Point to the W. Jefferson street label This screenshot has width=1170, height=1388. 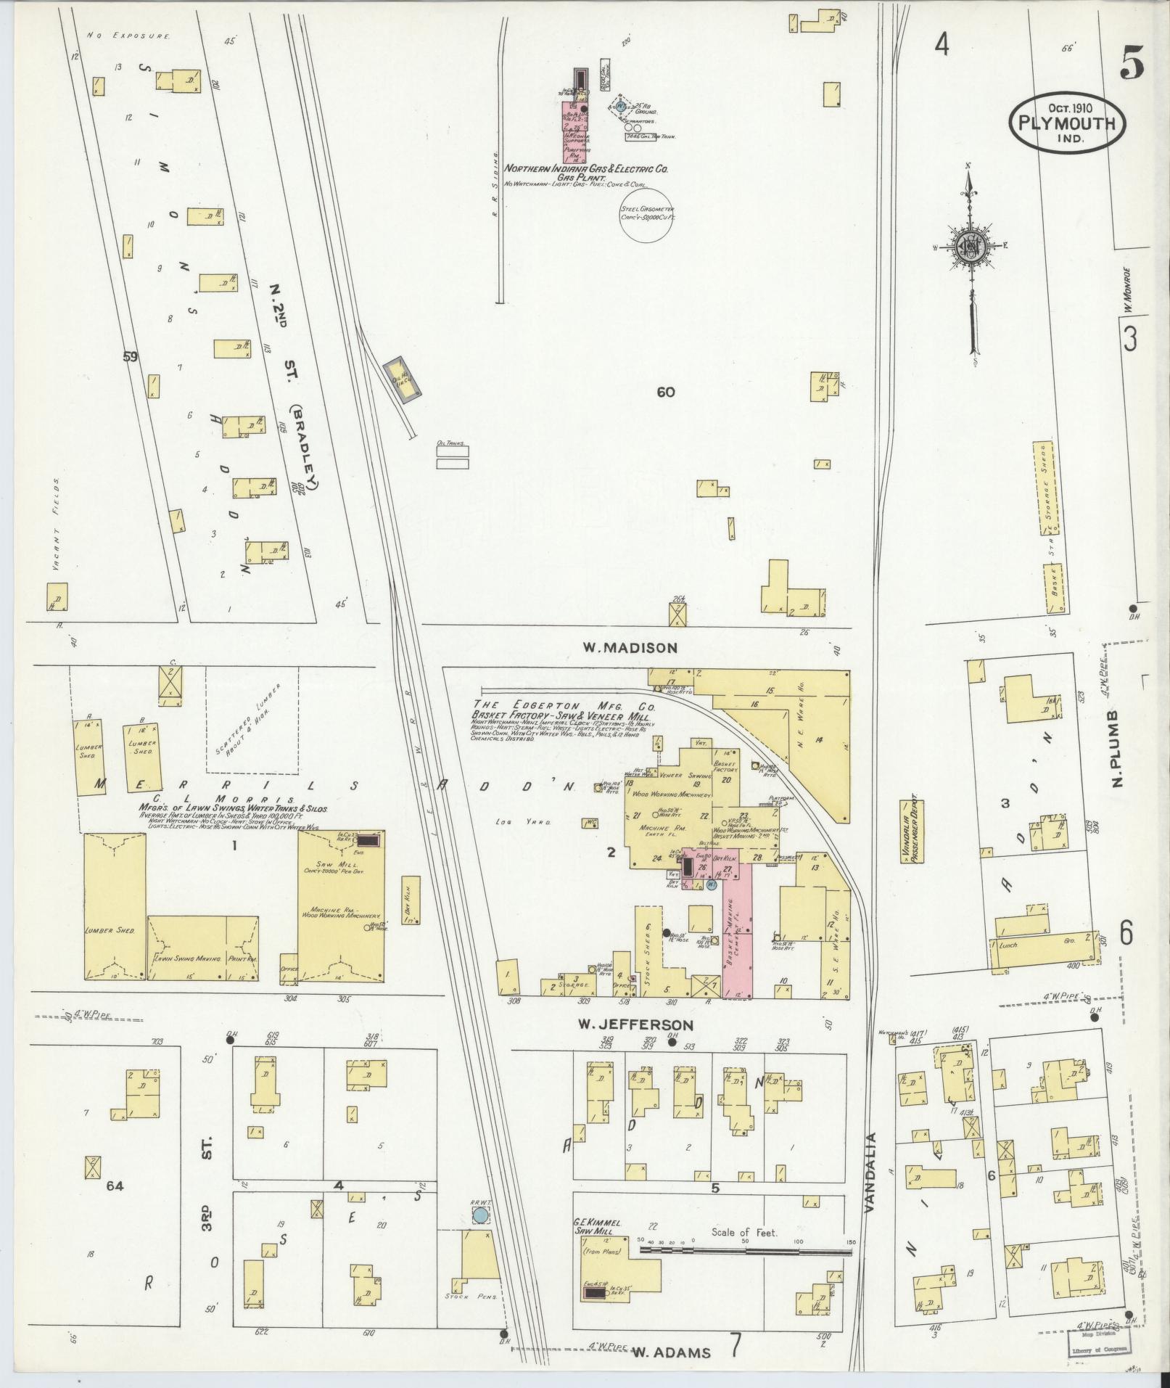(x=635, y=1025)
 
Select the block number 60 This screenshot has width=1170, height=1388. (x=666, y=393)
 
